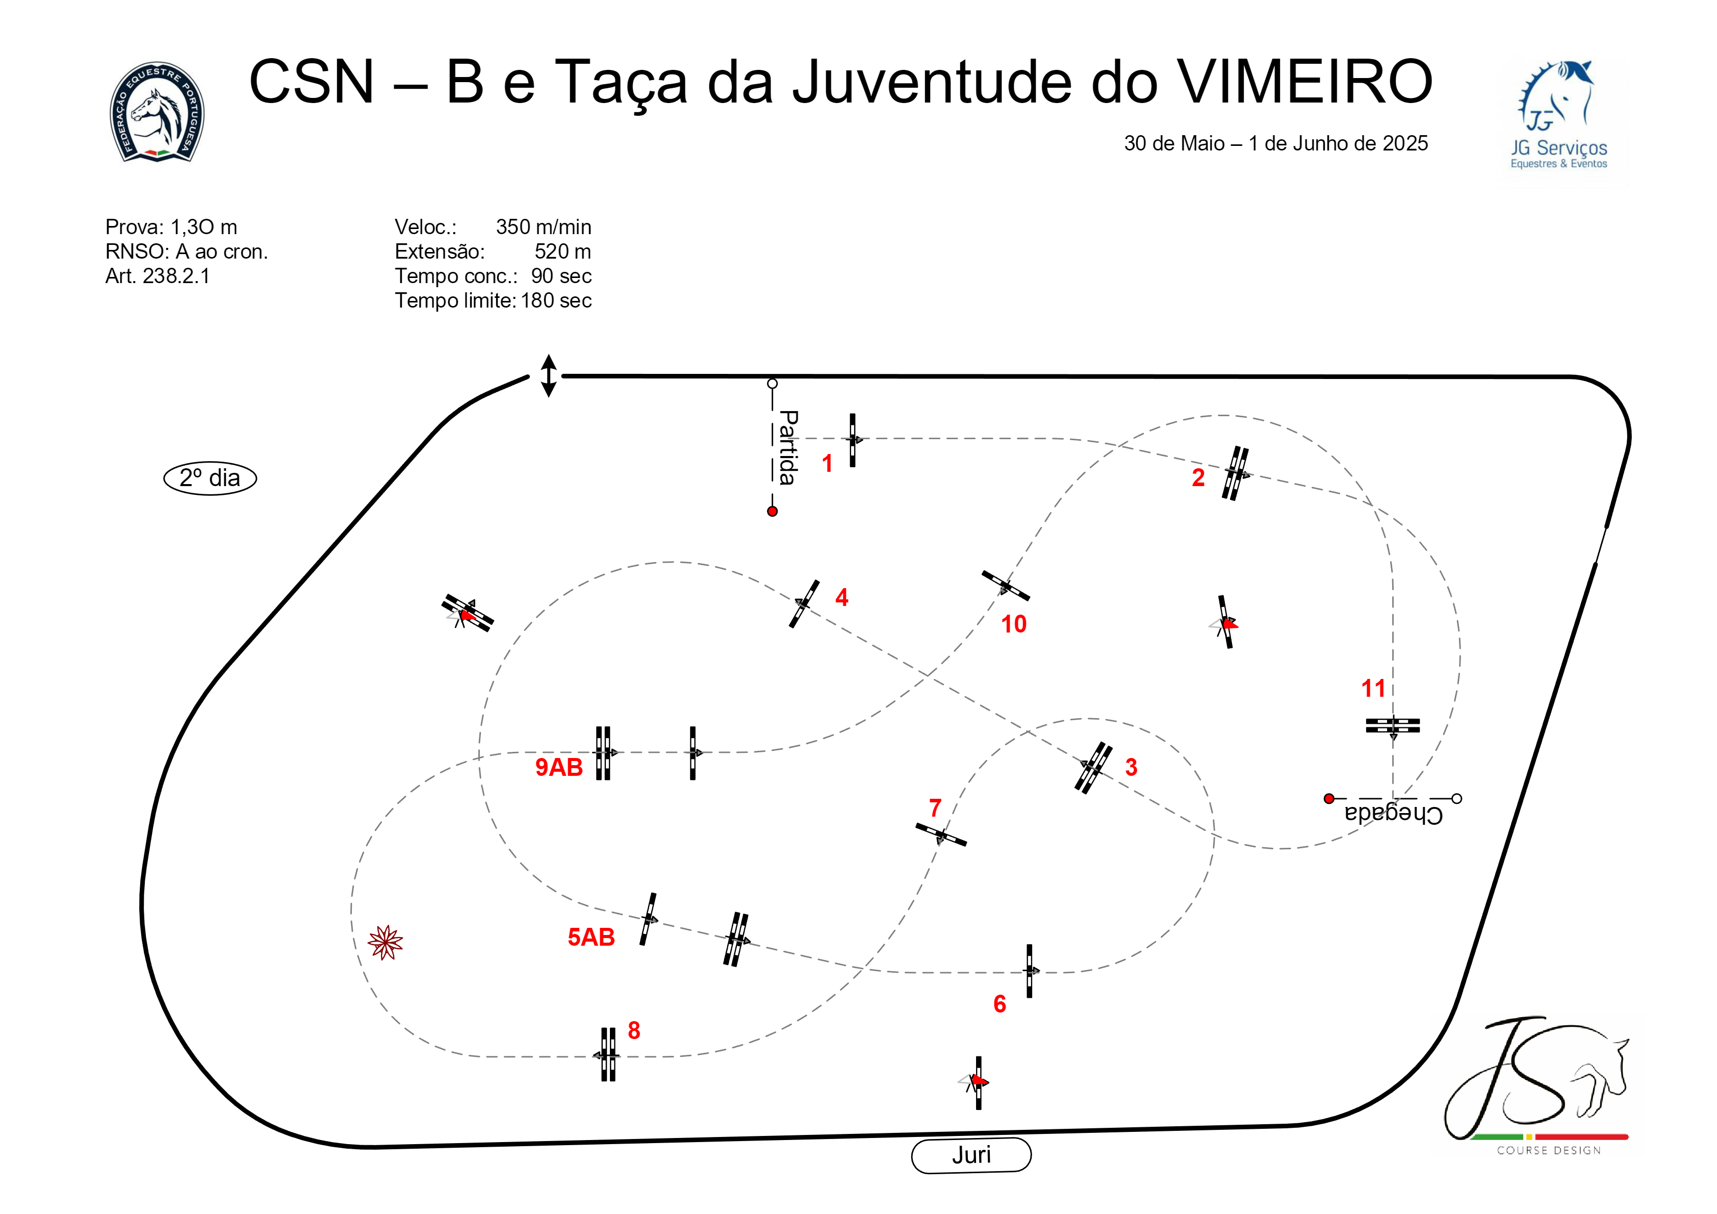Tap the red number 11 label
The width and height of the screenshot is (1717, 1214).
click(x=1373, y=688)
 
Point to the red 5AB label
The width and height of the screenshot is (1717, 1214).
click(x=591, y=937)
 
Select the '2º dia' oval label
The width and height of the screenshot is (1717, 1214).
click(x=210, y=478)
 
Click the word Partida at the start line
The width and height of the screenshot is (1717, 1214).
click(x=787, y=447)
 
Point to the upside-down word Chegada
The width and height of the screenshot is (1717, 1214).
click(x=1393, y=814)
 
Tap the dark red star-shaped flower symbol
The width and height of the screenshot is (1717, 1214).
click(x=385, y=943)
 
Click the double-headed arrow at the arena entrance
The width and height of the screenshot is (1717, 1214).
click(x=548, y=375)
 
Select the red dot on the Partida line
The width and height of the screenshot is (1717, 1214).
click(x=773, y=512)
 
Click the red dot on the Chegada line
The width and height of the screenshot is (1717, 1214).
click(x=1329, y=799)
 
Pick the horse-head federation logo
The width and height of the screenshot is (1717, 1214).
click(x=157, y=112)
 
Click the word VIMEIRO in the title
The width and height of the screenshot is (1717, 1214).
click(x=1304, y=82)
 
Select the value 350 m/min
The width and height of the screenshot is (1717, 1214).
click(x=543, y=226)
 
